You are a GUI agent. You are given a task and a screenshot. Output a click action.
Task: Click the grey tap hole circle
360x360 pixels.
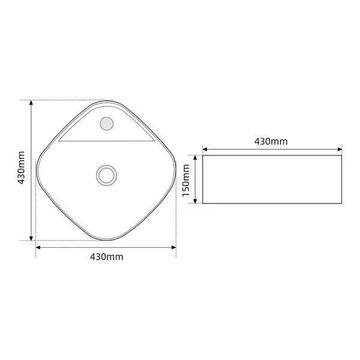click(107, 124)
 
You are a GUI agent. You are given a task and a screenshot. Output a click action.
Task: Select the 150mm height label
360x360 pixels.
click(186, 181)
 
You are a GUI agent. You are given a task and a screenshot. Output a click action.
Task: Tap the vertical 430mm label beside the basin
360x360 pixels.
click(21, 168)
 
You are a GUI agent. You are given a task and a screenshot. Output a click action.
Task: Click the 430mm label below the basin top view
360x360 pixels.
click(107, 257)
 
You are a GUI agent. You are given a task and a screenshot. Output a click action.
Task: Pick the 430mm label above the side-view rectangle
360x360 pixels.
click(271, 142)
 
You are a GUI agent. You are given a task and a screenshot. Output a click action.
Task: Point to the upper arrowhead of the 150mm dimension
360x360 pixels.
click(195, 157)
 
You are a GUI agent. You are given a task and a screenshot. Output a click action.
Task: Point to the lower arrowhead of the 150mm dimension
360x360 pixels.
click(195, 201)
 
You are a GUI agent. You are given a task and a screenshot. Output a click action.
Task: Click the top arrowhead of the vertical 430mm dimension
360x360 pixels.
click(31, 103)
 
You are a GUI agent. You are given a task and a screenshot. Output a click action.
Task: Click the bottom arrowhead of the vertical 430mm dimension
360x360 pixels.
click(31, 238)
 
